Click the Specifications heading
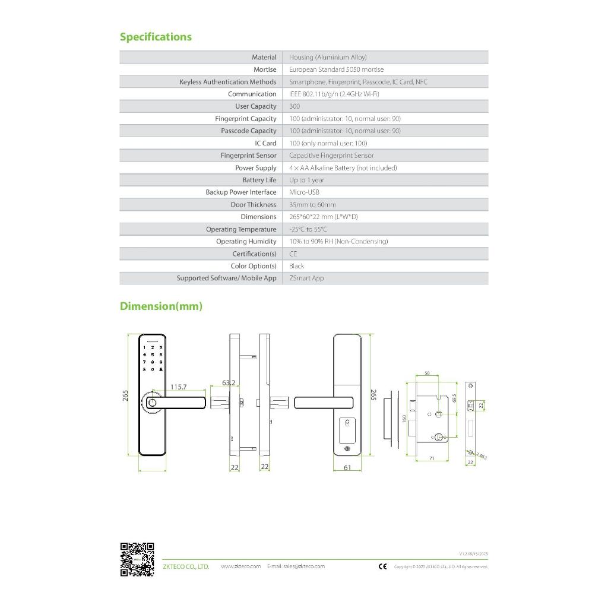[x=156, y=37]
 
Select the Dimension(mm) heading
[x=161, y=306]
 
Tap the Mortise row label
[x=265, y=69]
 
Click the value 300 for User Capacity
[x=294, y=106]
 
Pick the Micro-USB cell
[x=304, y=192]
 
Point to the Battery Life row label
[x=259, y=180]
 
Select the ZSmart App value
[x=306, y=278]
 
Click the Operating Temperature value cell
[x=308, y=229]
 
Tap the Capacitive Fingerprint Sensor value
[x=331, y=156]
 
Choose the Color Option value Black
[x=296, y=266]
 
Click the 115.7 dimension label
[x=178, y=387]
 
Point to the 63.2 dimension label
[x=229, y=383]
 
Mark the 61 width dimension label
[x=347, y=468]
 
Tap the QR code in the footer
[x=137, y=559]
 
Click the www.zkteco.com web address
[x=240, y=566]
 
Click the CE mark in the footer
[x=382, y=566]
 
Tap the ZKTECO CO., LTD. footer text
[x=186, y=566]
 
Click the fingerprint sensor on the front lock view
[x=152, y=403]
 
